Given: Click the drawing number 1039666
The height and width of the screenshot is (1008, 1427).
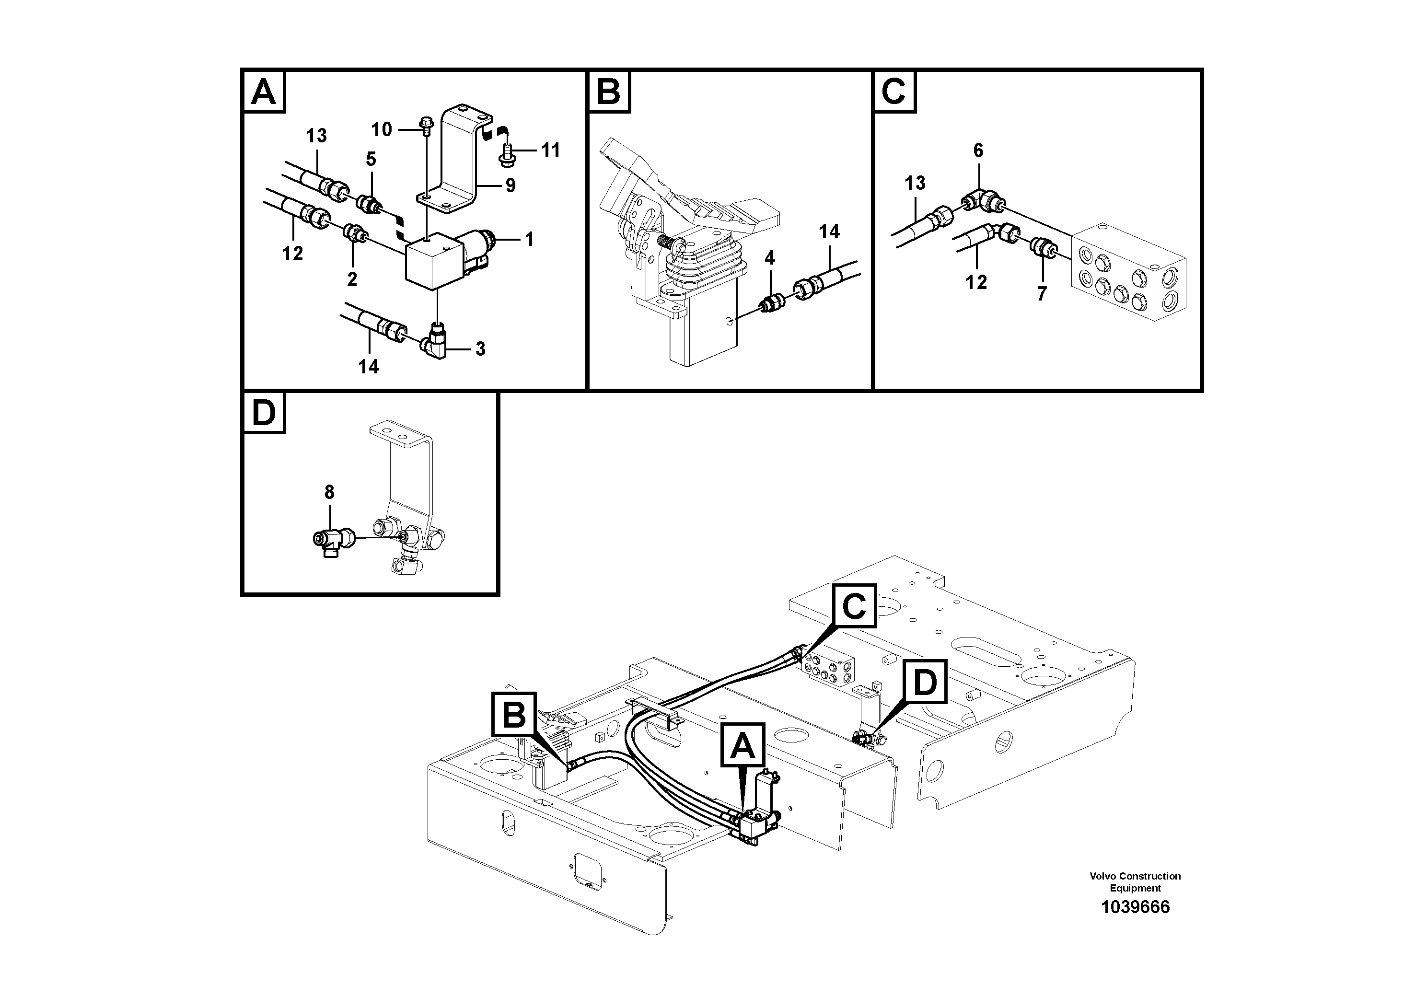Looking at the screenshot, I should (x=1135, y=907).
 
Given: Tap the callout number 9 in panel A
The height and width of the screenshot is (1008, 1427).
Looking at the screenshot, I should (x=510, y=185).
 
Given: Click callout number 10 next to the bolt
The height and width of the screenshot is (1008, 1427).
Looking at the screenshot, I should (x=382, y=129).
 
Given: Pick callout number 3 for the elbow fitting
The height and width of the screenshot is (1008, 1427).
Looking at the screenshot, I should (x=480, y=348).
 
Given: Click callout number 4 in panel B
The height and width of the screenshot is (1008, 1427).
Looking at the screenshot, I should (x=769, y=258).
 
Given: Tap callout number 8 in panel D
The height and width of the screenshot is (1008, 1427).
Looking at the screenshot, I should (x=329, y=492).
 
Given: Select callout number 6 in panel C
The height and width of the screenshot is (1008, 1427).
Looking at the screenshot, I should (x=978, y=151).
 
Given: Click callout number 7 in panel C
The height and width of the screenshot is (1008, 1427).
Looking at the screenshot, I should (x=1042, y=293).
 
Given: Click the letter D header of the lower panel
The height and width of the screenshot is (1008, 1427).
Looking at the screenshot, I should (x=264, y=413).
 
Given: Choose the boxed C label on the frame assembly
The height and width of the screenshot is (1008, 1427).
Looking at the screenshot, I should (x=854, y=605).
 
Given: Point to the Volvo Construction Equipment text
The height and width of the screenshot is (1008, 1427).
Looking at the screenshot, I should (x=1135, y=882).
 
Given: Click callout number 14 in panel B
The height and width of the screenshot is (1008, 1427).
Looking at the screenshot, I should (x=829, y=232).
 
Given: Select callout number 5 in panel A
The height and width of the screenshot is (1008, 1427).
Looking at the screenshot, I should (x=371, y=159).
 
